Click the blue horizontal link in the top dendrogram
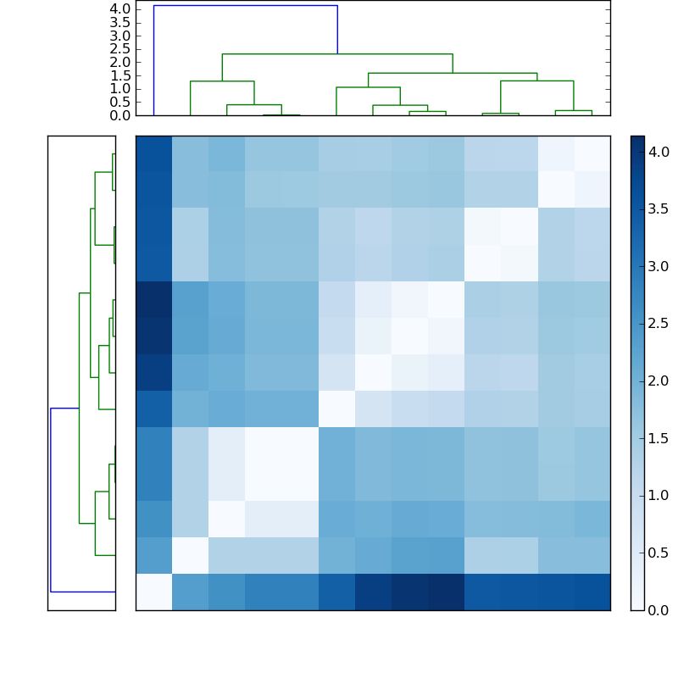245,5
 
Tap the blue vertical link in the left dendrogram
51,500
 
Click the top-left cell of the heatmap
153,153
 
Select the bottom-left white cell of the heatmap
153,592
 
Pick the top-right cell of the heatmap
592,153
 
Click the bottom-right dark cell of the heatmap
592,592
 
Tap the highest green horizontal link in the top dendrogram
337,54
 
